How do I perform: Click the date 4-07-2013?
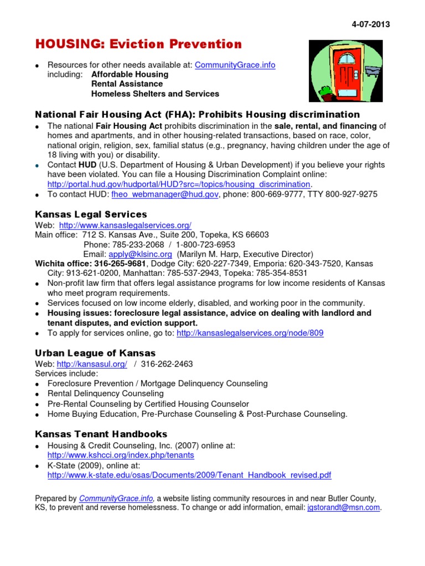click(x=370, y=24)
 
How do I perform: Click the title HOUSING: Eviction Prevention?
click(x=139, y=44)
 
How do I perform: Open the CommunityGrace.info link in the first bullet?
click(x=235, y=65)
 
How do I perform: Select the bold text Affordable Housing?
click(x=129, y=74)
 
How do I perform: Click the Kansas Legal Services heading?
click(x=91, y=214)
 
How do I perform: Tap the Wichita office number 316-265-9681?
click(x=118, y=264)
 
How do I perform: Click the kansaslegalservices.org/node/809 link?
click(x=250, y=333)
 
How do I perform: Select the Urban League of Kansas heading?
click(x=95, y=353)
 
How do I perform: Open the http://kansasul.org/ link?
click(x=92, y=364)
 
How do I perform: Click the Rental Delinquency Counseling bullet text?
click(x=105, y=394)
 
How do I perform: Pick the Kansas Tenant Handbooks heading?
click(x=101, y=434)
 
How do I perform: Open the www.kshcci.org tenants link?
click(x=121, y=455)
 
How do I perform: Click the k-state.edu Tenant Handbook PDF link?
click(x=189, y=475)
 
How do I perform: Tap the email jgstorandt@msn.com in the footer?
click(x=344, y=507)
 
